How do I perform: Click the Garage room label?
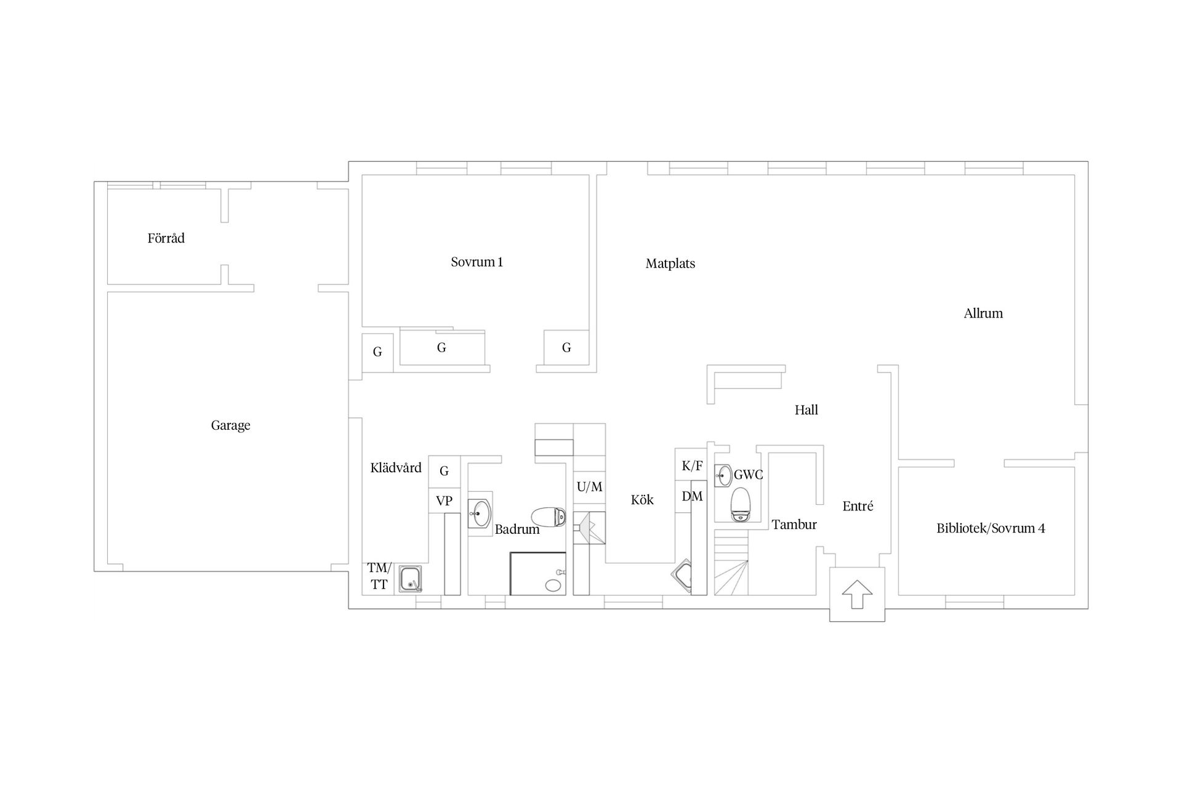(x=230, y=425)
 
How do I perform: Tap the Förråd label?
(x=166, y=238)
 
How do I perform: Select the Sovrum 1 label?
(x=476, y=262)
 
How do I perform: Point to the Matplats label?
(x=670, y=264)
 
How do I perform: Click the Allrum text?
(x=983, y=313)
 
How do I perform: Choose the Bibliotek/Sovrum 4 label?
(x=991, y=528)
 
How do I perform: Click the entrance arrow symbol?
(x=857, y=595)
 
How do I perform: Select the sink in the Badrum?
(x=480, y=513)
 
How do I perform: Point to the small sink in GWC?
(x=723, y=476)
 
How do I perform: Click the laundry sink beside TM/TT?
(x=410, y=579)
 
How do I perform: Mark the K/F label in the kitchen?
(x=692, y=467)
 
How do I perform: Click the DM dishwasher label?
(x=692, y=496)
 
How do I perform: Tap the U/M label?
(x=589, y=487)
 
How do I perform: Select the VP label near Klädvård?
(x=444, y=501)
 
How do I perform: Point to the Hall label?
(x=806, y=410)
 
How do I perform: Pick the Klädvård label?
(x=396, y=468)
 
